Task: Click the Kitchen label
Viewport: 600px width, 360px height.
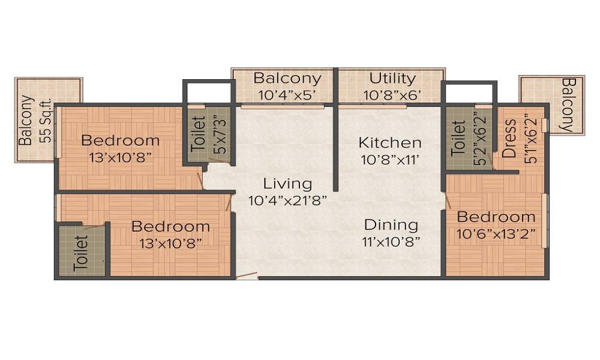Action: click(390, 143)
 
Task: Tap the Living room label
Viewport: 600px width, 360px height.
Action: click(287, 184)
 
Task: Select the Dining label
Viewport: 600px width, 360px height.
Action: click(391, 225)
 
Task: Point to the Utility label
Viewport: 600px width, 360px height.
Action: click(392, 79)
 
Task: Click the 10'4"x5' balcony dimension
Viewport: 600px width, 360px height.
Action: click(287, 95)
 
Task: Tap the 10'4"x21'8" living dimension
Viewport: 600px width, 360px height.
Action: click(287, 200)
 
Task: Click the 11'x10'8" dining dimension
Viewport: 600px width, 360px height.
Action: click(391, 242)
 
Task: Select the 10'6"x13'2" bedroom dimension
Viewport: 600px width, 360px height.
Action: click(496, 234)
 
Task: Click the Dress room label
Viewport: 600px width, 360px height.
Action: click(509, 139)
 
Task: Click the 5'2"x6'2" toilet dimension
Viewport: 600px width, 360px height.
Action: click(480, 139)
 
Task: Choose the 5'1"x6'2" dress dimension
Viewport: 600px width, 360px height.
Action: click(531, 139)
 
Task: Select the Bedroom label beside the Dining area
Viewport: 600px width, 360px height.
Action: click(496, 217)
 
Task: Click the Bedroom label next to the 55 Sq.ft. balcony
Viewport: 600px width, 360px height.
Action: click(120, 140)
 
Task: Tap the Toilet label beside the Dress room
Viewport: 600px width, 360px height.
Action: click(458, 139)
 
